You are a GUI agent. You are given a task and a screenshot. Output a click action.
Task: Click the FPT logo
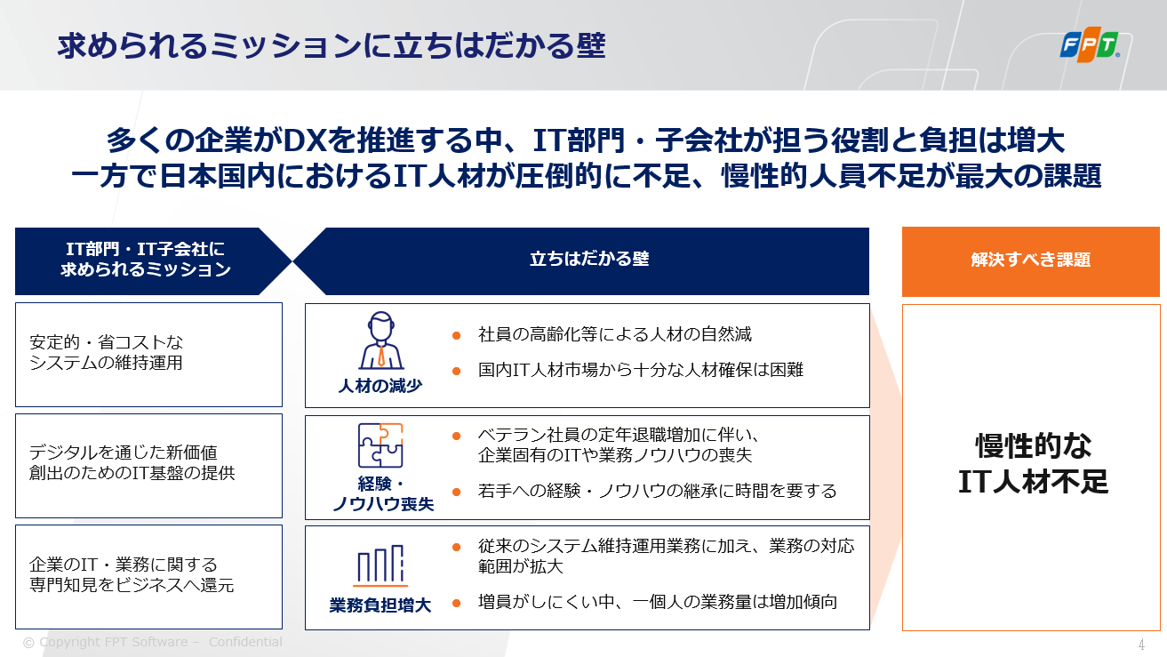[1090, 44]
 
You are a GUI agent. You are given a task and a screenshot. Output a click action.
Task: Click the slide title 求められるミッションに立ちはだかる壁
[332, 46]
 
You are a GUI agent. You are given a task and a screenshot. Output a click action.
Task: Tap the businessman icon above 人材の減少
[380, 341]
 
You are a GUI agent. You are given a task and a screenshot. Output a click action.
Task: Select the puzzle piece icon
[380, 445]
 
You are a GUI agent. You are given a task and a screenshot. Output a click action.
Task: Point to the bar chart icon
[380, 565]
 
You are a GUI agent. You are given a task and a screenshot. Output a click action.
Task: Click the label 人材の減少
[380, 386]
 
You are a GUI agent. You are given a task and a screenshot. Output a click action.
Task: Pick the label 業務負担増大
[380, 605]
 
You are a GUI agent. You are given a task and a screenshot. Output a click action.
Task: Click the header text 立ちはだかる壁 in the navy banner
[589, 259]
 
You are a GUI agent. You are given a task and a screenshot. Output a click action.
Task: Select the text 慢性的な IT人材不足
[1033, 463]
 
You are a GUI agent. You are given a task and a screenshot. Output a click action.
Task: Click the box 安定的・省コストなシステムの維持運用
[149, 355]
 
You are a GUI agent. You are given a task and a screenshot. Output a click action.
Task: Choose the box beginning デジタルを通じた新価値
[149, 466]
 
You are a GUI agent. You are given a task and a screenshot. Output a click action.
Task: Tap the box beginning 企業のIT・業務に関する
[149, 577]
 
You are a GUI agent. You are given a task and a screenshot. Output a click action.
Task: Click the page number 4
[1141, 645]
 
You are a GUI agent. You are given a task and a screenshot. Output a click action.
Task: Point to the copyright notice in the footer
[153, 642]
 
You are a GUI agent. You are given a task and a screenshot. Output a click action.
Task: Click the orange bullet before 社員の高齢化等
[456, 335]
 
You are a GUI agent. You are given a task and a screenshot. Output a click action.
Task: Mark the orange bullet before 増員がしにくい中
[456, 604]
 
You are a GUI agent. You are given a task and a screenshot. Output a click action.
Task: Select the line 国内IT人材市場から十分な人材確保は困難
[641, 370]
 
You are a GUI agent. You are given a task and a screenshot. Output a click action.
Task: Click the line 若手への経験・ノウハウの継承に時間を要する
[657, 491]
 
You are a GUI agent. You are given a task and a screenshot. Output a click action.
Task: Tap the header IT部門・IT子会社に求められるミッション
[146, 259]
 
